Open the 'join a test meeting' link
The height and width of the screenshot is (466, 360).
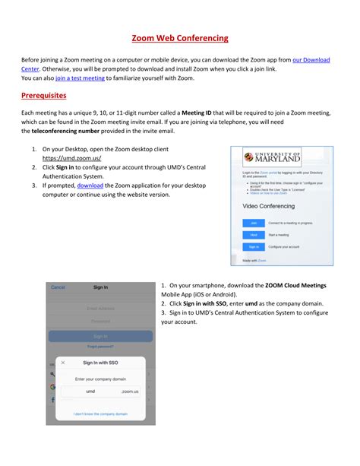click(80, 78)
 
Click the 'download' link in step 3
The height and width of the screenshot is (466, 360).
click(90, 185)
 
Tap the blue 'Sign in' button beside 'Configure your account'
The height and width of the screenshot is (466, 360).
click(253, 246)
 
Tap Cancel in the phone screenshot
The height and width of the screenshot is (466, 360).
click(58, 287)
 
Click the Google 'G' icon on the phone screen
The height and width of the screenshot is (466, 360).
click(52, 387)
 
